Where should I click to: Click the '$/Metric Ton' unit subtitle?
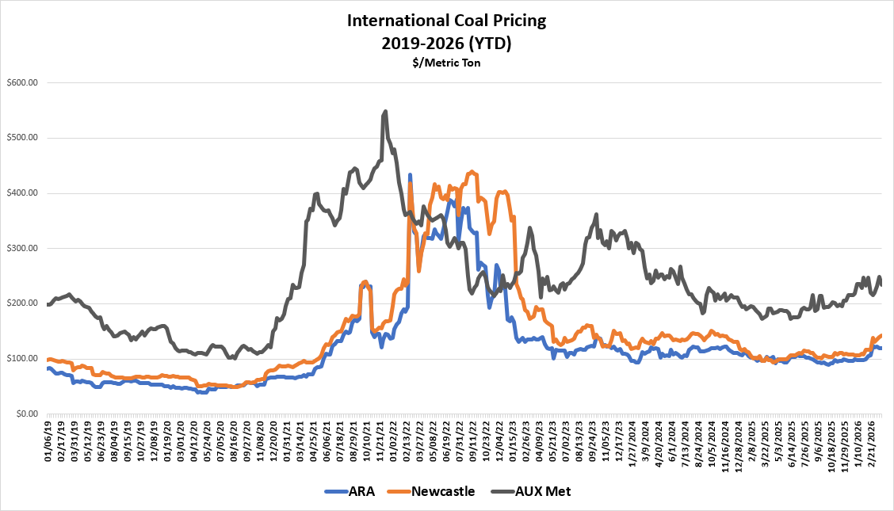coord(447,63)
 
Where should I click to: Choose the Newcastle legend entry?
coord(443,491)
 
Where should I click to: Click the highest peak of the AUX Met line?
coord(385,111)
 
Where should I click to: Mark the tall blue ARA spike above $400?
coord(410,174)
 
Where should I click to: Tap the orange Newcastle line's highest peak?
coord(472,171)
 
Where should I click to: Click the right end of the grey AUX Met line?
coord(882,285)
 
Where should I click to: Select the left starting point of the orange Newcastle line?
coord(48,360)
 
